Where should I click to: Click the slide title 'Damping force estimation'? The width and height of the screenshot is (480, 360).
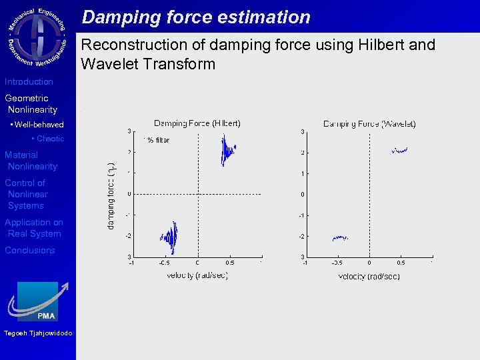pyautogui.click(x=196, y=17)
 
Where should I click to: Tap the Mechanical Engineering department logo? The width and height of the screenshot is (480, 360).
pyautogui.click(x=37, y=37)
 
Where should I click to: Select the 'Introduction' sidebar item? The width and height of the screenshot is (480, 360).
pyautogui.click(x=29, y=82)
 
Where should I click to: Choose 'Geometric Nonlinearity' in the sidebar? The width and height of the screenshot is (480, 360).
pyautogui.click(x=31, y=104)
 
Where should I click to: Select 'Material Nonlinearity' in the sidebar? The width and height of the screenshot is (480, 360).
pyautogui.click(x=31, y=161)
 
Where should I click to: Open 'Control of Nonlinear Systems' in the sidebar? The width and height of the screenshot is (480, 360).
pyautogui.click(x=27, y=194)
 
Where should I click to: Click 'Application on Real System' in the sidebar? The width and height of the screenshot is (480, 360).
pyautogui.click(x=34, y=228)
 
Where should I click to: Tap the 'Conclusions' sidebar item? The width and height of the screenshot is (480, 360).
pyautogui.click(x=30, y=251)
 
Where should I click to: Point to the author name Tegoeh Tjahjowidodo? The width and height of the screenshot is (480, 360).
pyautogui.click(x=38, y=333)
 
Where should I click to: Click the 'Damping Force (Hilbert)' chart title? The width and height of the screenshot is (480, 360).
pyautogui.click(x=197, y=123)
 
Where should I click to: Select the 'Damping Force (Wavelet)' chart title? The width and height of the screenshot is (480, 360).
pyautogui.click(x=369, y=123)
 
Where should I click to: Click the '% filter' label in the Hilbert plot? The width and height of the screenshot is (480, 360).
pyautogui.click(x=158, y=140)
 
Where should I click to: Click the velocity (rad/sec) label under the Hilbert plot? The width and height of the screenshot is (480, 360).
pyautogui.click(x=197, y=275)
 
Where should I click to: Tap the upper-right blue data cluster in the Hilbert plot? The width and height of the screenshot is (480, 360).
pyautogui.click(x=228, y=150)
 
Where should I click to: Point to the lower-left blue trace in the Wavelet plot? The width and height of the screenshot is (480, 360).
pyautogui.click(x=340, y=237)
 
